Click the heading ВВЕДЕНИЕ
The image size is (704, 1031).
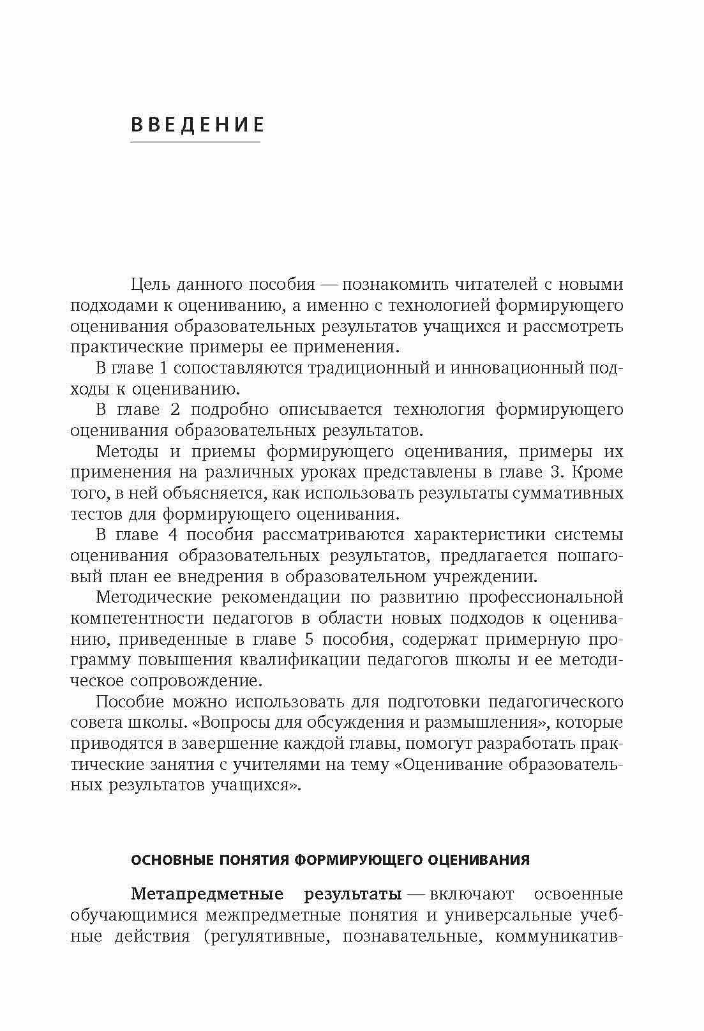[x=197, y=124]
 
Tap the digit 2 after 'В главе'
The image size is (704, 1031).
[x=175, y=409]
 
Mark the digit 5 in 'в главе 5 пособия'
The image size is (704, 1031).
[x=308, y=639]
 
